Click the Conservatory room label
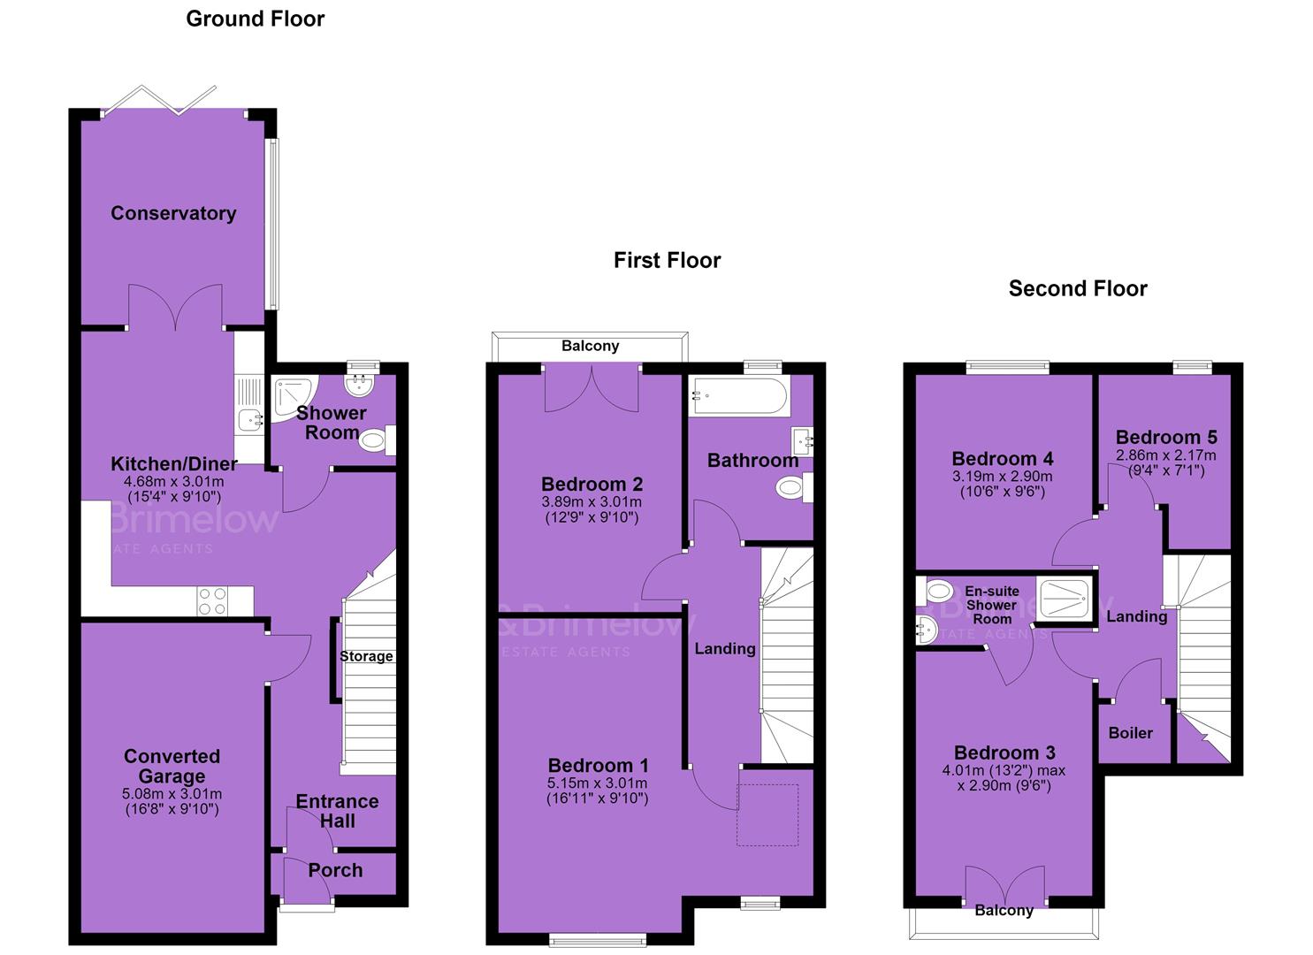pos(173,213)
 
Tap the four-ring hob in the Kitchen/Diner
pos(212,601)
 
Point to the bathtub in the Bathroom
pos(740,396)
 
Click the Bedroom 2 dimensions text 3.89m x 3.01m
pos(592,502)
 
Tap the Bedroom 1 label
pos(598,766)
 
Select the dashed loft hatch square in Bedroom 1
pos(767,815)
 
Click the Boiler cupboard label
pos(1131,733)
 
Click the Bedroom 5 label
pos(1166,438)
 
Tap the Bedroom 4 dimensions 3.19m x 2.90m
pos(1003,477)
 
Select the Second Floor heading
pos(1078,288)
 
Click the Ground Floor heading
pos(255,19)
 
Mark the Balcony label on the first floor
pos(591,346)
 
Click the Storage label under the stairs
pos(366,656)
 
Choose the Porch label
pos(335,871)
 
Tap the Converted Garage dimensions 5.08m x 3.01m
pos(172,794)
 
